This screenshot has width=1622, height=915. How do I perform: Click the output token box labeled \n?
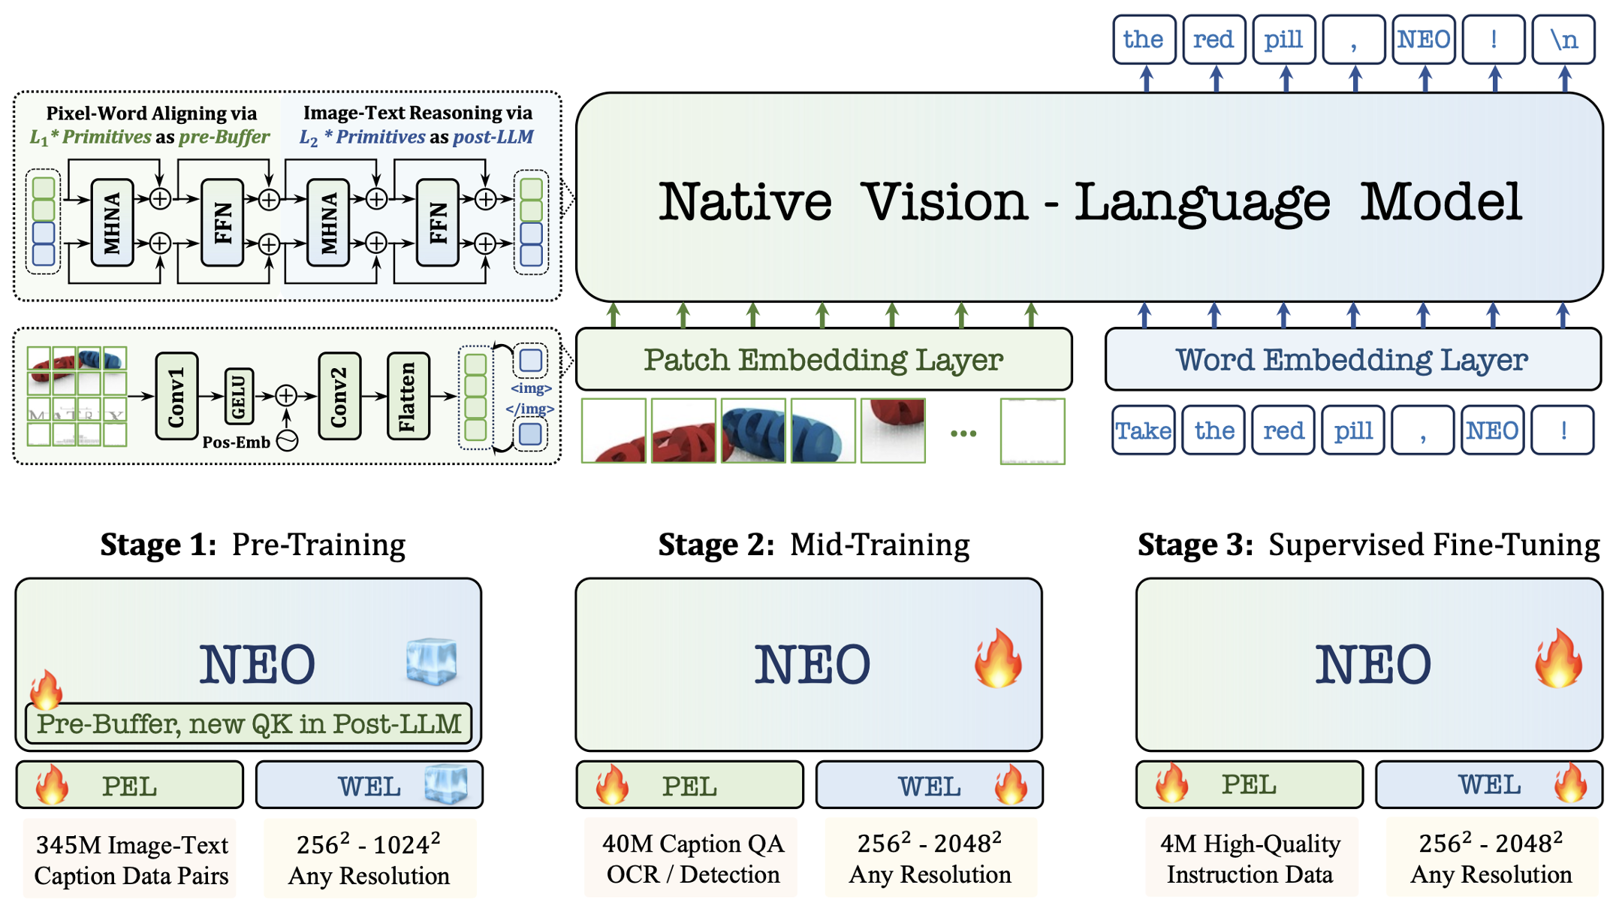(1563, 40)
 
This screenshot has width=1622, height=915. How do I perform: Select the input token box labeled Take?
(1143, 430)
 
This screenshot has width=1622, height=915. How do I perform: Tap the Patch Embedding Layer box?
(823, 359)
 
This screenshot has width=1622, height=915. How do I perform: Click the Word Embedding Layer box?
(1352, 359)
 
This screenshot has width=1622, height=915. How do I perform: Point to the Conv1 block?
(176, 396)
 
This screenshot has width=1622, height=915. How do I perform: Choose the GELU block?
(238, 396)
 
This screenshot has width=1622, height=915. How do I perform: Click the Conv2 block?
(339, 396)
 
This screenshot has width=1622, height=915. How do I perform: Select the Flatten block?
(408, 396)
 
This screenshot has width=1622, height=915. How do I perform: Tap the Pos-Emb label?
(236, 442)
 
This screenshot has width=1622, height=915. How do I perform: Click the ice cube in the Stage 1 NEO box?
(431, 661)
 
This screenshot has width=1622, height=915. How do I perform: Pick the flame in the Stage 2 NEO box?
(998, 659)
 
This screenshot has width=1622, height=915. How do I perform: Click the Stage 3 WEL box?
(1488, 785)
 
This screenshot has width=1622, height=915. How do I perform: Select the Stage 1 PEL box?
(130, 786)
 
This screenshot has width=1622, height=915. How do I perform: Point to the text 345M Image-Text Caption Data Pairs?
(131, 860)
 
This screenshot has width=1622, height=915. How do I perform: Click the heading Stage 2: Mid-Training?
(813, 545)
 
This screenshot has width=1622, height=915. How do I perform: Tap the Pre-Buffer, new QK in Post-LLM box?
(249, 723)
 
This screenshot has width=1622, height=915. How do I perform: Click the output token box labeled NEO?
(1423, 40)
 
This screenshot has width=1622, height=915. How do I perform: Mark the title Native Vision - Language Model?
(1089, 201)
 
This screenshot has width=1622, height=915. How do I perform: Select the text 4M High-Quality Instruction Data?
(1250, 859)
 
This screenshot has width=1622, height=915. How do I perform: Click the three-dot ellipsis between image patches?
(963, 433)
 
